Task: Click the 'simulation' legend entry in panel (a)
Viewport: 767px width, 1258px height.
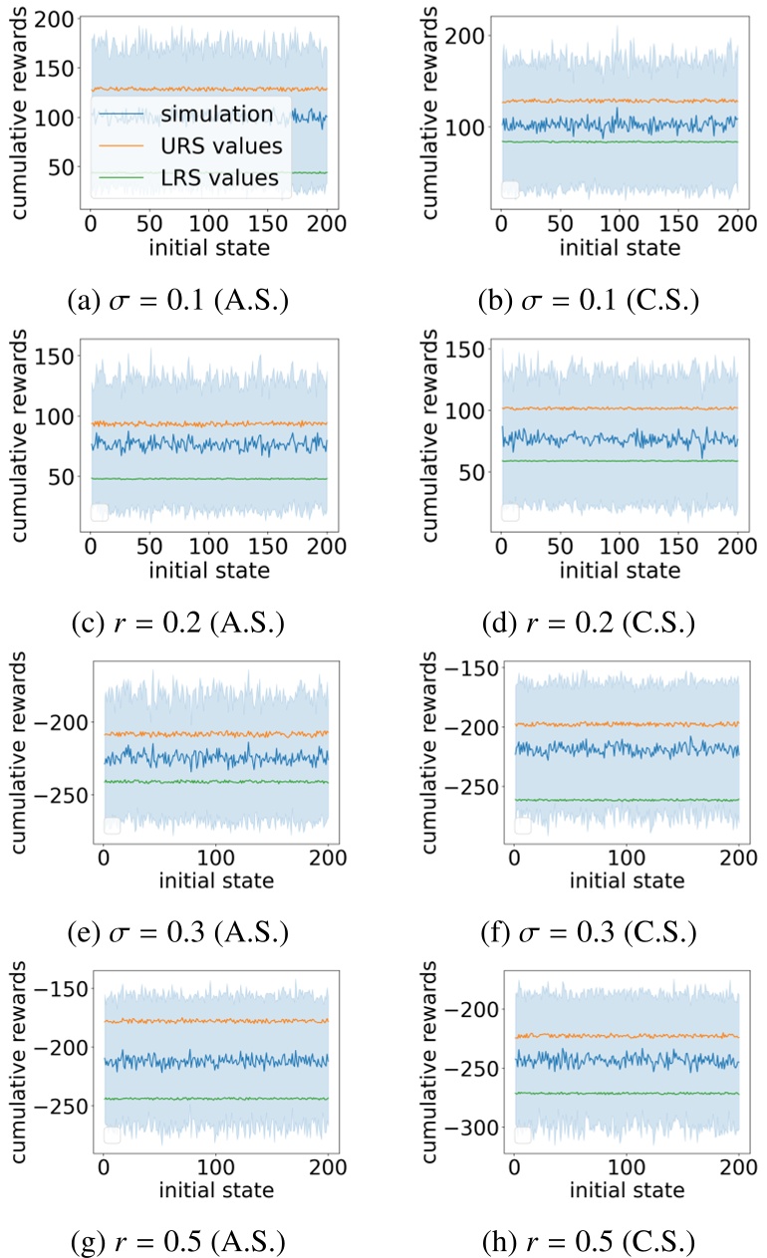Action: (x=217, y=114)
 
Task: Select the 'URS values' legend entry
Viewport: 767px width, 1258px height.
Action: (x=217, y=145)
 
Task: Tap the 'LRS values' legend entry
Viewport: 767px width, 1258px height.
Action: (x=217, y=177)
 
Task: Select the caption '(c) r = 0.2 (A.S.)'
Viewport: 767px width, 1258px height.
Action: (x=179, y=625)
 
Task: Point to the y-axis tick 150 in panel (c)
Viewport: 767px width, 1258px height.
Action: (x=56, y=357)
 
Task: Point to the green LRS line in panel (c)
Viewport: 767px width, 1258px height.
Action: (x=209, y=479)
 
